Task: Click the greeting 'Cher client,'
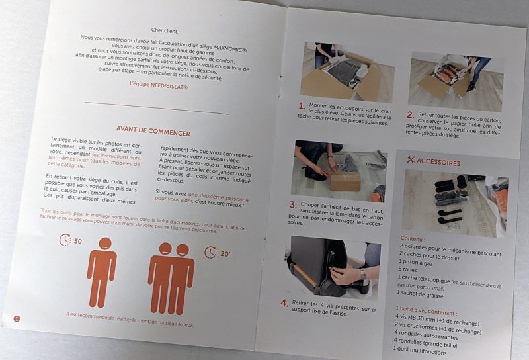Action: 164,30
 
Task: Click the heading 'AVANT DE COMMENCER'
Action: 153,131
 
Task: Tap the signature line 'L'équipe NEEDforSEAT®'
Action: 159,85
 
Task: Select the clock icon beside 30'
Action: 65,240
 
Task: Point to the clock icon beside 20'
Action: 210,252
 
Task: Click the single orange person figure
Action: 102,272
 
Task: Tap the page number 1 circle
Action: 17,318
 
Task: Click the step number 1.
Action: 302,106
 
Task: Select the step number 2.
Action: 410,115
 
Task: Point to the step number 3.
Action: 293,204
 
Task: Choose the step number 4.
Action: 284,303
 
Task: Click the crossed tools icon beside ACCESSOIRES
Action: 411,159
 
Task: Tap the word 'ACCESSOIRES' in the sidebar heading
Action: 438,162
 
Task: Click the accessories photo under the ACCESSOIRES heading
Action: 454,202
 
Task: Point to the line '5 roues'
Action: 407,269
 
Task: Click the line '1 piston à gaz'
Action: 415,262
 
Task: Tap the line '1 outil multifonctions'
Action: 420,351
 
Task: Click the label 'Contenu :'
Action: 413,239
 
